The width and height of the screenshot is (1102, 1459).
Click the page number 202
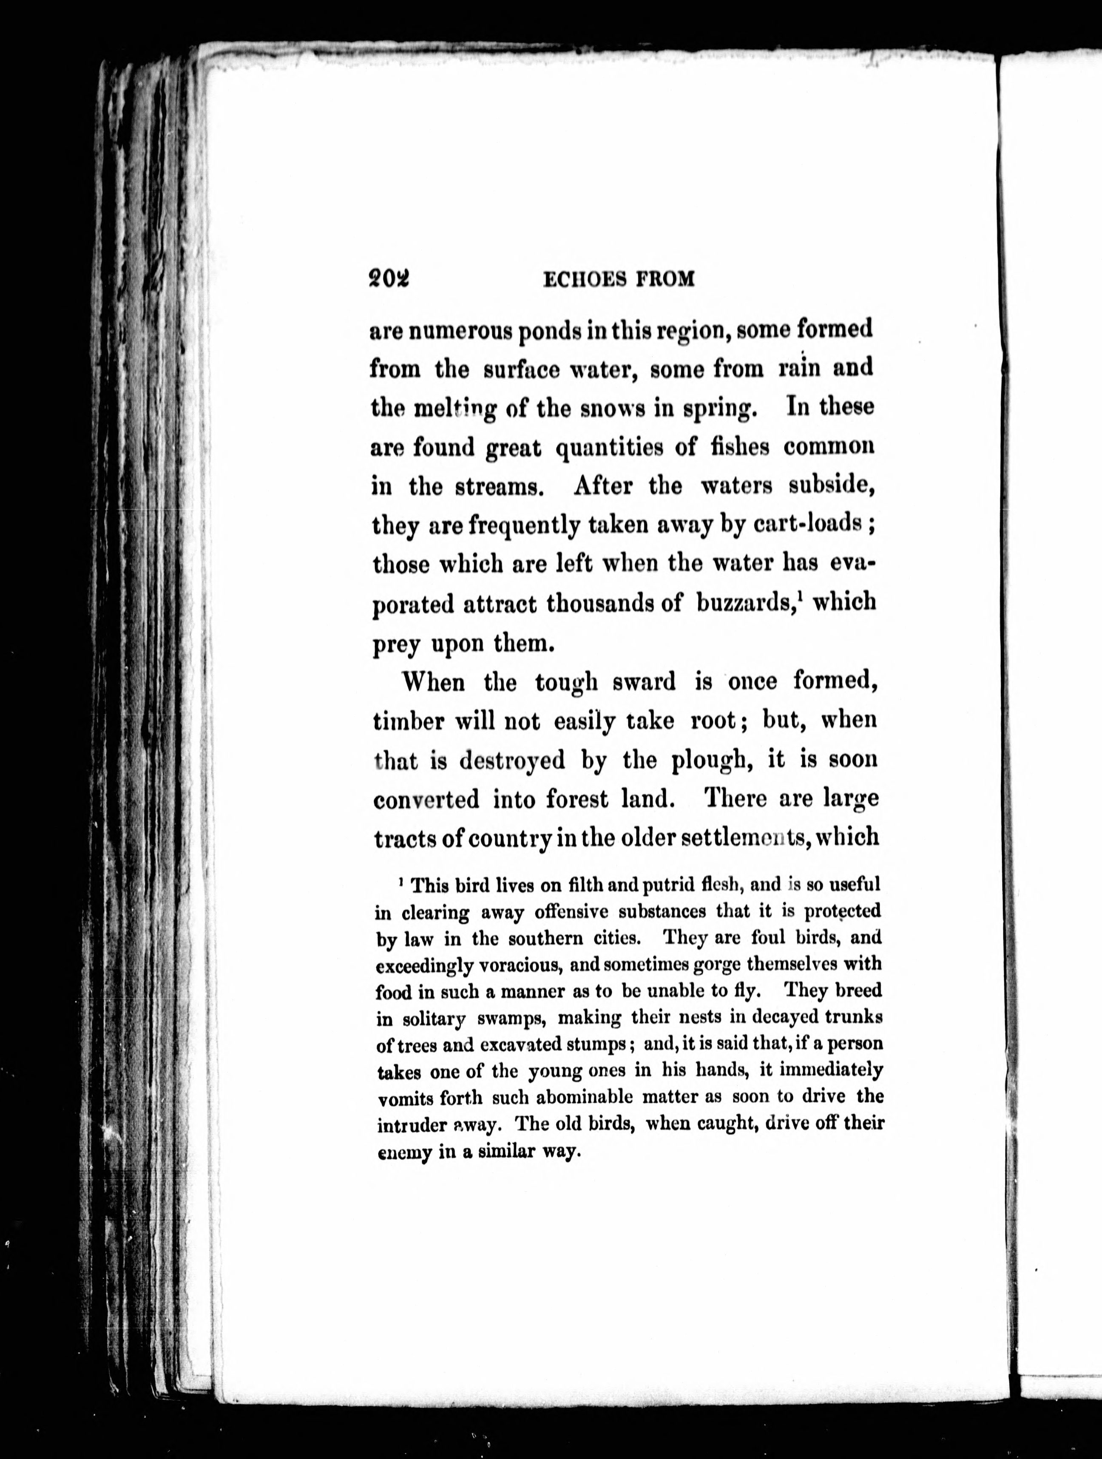(389, 280)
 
